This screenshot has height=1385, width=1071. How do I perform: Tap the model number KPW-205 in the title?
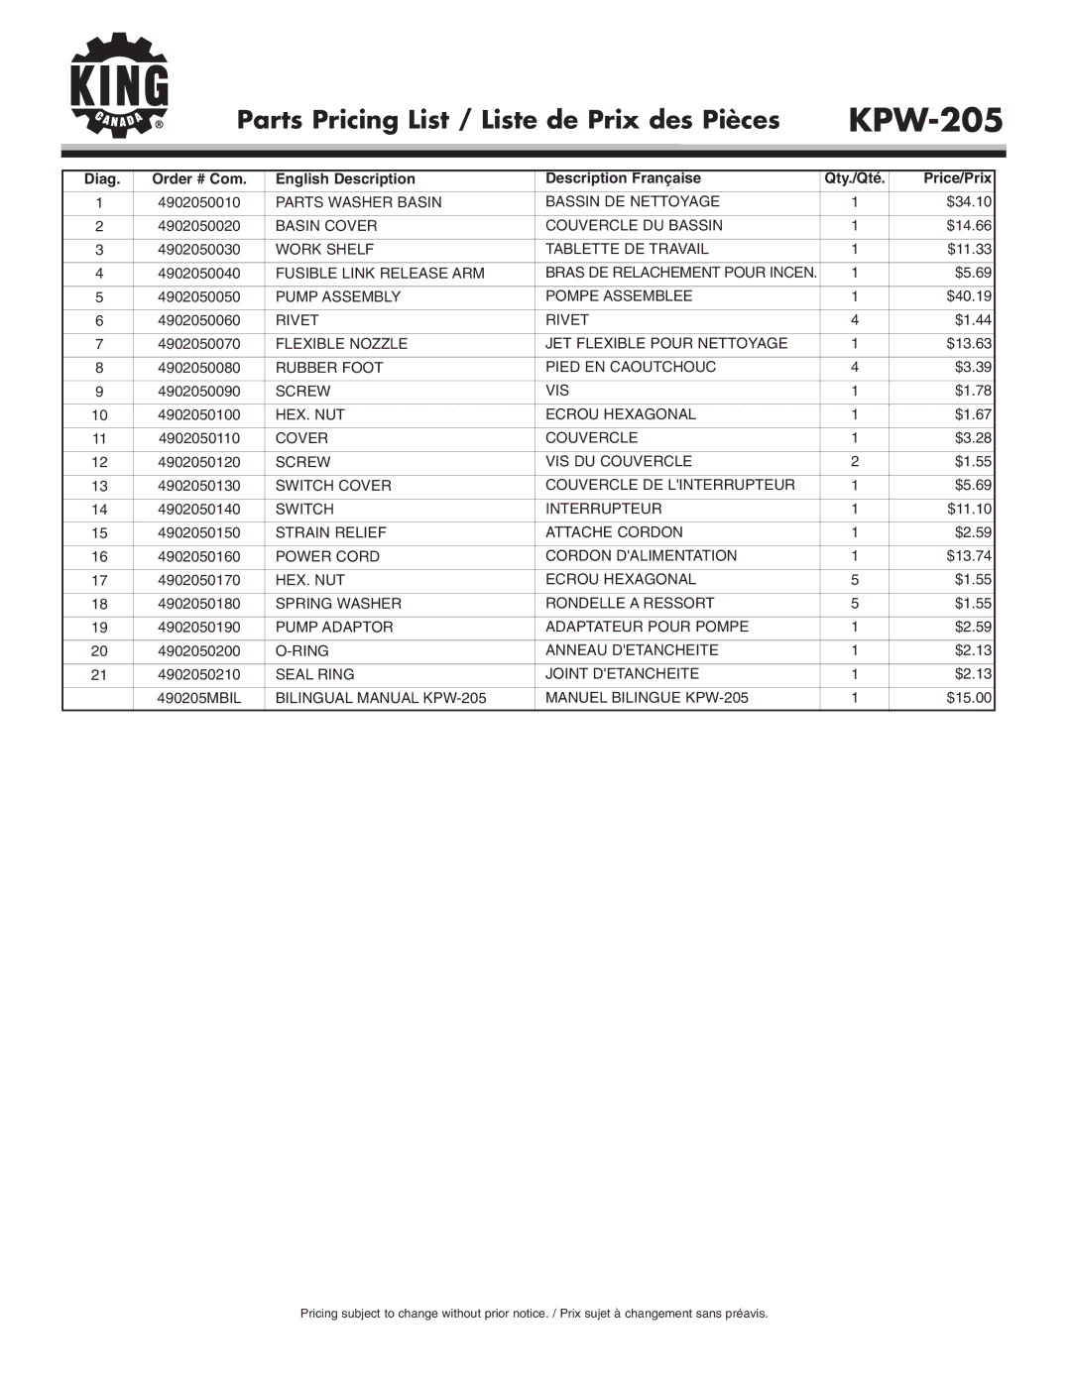[x=925, y=120]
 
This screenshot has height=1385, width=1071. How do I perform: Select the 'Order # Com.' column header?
[x=198, y=179]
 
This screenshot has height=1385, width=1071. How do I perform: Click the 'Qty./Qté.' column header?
[x=854, y=179]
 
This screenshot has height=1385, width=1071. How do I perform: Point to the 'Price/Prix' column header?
[x=957, y=178]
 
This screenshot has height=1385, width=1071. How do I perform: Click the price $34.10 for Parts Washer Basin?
[x=969, y=202]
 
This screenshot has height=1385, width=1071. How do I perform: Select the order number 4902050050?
[x=198, y=296]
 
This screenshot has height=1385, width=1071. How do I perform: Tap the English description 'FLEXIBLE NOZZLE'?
[x=341, y=344]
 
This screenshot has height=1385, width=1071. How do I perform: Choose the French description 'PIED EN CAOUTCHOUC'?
[x=631, y=367]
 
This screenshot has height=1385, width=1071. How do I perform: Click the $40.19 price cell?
[x=969, y=296]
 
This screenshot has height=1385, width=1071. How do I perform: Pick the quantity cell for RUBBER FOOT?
[x=854, y=367]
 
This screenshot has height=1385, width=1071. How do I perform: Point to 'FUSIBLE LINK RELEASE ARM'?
[x=380, y=273]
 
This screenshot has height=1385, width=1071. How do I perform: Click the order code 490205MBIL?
[x=198, y=698]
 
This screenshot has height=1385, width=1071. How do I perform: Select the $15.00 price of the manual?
[x=969, y=698]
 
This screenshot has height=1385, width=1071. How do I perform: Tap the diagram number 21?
[x=99, y=674]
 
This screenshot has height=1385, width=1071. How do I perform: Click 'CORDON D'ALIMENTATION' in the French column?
[x=641, y=556]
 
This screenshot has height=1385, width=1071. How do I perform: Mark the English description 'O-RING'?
[x=301, y=650]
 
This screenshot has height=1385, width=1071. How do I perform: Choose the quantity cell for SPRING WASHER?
[x=854, y=603]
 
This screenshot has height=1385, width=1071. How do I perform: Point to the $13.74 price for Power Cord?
[x=969, y=556]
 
